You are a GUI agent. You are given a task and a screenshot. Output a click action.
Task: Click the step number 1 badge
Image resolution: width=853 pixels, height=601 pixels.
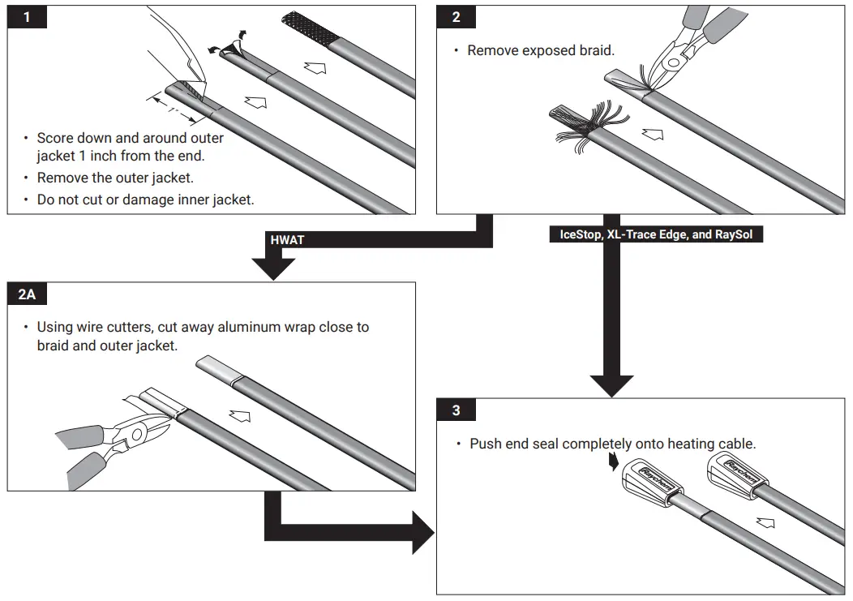pos(27,17)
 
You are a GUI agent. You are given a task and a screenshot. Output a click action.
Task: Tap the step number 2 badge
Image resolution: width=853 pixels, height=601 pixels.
pos(456,17)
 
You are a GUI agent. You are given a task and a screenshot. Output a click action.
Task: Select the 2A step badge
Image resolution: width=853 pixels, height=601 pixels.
pos(27,294)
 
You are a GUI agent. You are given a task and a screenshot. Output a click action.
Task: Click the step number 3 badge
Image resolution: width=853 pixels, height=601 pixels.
pos(456,410)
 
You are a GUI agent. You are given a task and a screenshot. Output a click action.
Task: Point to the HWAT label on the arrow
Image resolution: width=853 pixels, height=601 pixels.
pos(288,240)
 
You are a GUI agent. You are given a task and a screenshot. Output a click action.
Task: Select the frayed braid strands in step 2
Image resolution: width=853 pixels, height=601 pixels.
pos(581,125)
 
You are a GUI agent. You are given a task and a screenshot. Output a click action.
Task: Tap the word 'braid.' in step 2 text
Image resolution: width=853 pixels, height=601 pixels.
pos(596,50)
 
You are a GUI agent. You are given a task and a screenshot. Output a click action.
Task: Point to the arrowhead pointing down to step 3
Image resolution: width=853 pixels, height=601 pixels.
pos(611,381)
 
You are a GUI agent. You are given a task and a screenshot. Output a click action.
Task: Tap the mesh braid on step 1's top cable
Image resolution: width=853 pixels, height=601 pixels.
pos(313,29)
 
